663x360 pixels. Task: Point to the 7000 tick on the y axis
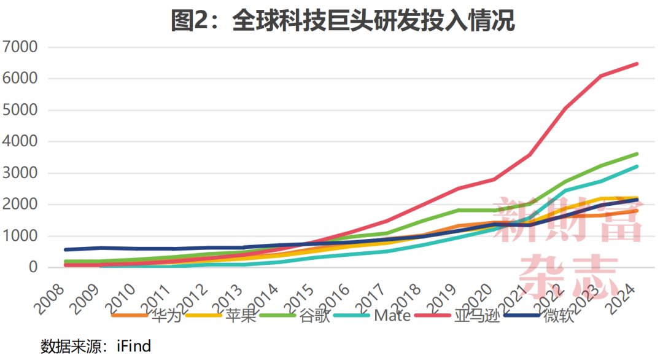tap(21, 47)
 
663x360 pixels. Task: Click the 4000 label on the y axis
tap(21, 142)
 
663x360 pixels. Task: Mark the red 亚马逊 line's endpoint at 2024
tap(637, 64)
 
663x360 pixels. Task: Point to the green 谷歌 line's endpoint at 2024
tap(637, 154)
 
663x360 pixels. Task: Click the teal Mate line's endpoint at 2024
tap(637, 166)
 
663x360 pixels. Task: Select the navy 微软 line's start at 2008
tap(66, 249)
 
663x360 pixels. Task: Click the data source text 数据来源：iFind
tap(96, 346)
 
